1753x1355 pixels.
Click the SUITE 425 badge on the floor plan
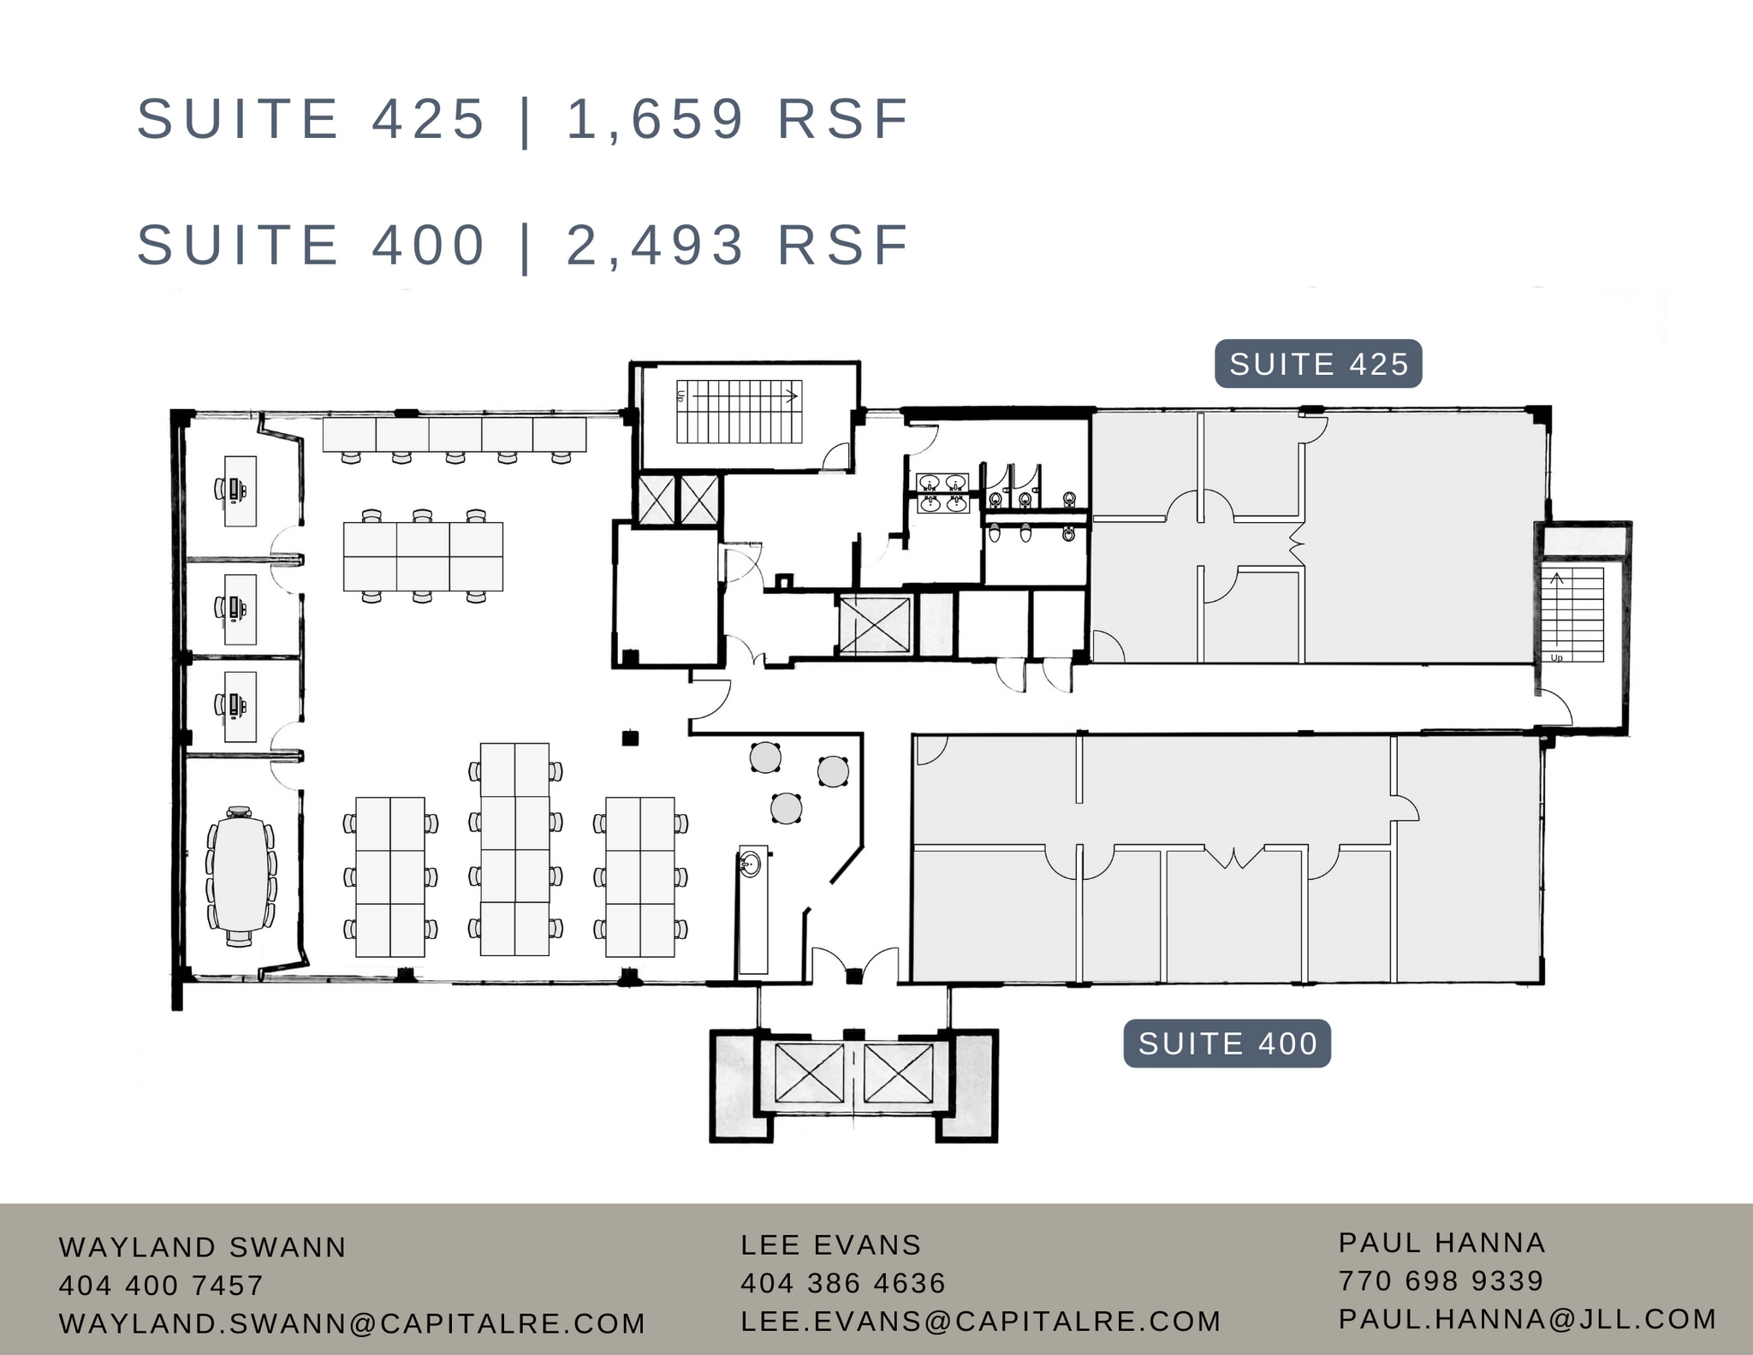(x=1318, y=365)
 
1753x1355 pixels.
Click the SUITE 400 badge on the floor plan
(x=1227, y=1043)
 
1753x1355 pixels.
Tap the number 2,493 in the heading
(x=656, y=245)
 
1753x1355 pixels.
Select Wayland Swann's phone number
(x=161, y=1285)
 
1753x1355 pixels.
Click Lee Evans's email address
(x=980, y=1321)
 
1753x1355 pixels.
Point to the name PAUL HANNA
(x=1441, y=1242)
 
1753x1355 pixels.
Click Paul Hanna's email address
(x=1527, y=1319)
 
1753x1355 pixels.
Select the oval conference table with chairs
(x=240, y=874)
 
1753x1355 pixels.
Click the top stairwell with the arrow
(x=740, y=412)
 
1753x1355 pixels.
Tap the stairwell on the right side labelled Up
(x=1573, y=615)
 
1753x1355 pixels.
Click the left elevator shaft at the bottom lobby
(x=809, y=1073)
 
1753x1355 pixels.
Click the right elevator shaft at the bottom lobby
(x=898, y=1073)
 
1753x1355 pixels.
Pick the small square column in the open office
(x=630, y=737)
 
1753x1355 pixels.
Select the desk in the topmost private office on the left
(x=240, y=490)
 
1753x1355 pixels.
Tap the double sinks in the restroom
(x=942, y=494)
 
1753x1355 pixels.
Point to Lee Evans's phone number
(x=842, y=1282)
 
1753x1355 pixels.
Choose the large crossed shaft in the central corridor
(x=873, y=626)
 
